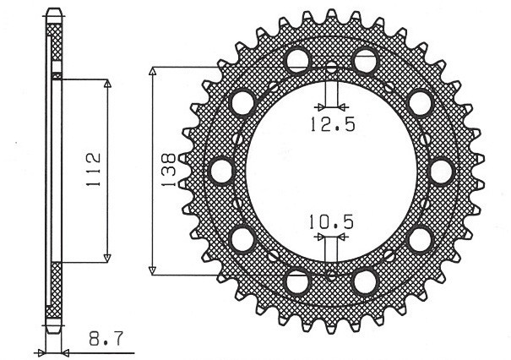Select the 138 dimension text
pyautogui.click(x=168, y=169)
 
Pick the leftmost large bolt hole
pyautogui.click(x=221, y=170)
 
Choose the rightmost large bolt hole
pyautogui.click(x=440, y=170)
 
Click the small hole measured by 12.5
pyautogui.click(x=330, y=68)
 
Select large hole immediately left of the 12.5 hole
pyautogui.click(x=296, y=60)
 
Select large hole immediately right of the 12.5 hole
pyautogui.click(x=365, y=60)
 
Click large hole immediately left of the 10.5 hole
pyautogui.click(x=297, y=280)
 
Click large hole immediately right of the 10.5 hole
pyautogui.click(x=365, y=280)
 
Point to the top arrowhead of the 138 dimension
pyautogui.click(x=153, y=70)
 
